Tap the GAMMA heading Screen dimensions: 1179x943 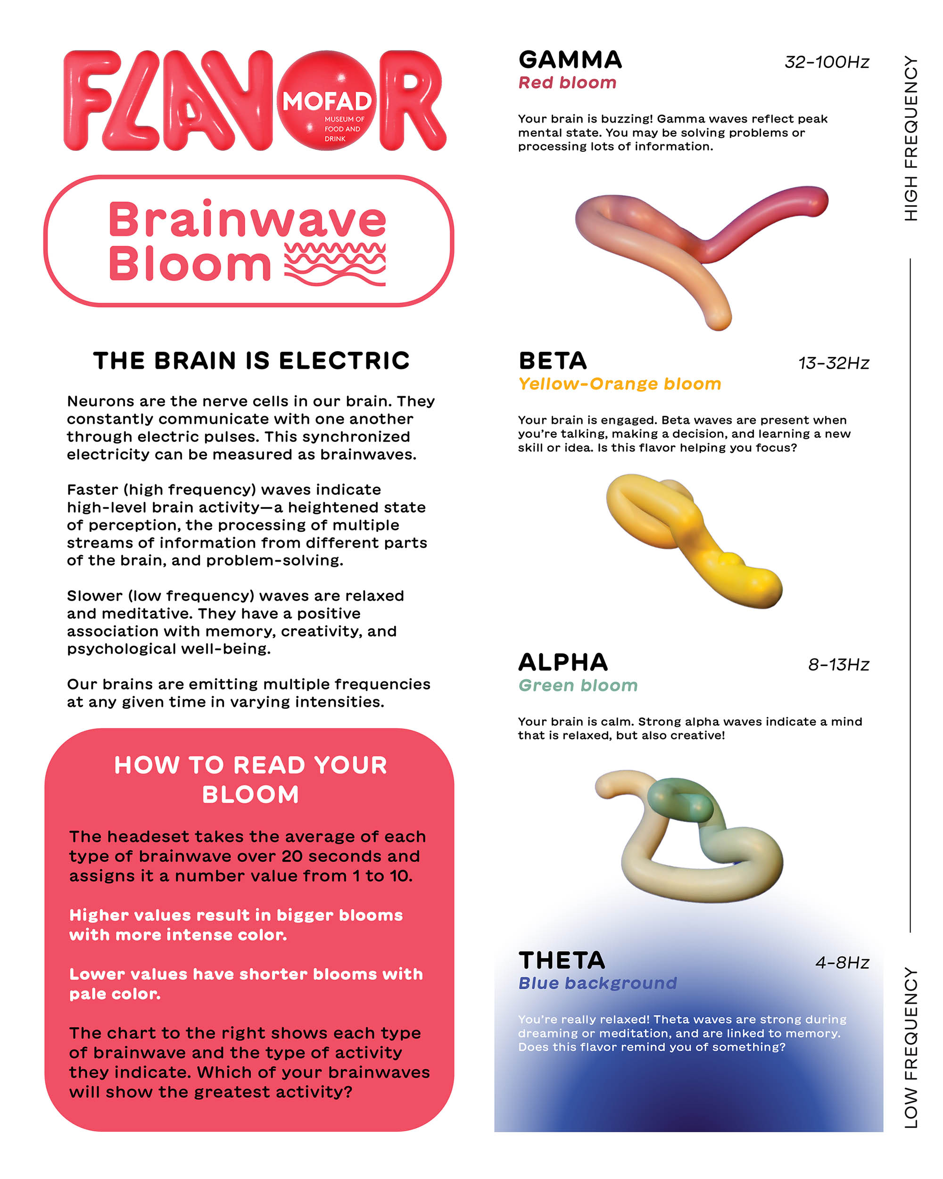tap(570, 59)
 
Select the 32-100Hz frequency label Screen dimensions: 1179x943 tap(826, 62)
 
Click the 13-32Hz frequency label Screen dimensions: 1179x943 tap(833, 363)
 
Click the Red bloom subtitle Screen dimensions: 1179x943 tap(567, 83)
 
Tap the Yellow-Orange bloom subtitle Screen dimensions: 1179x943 tap(620, 384)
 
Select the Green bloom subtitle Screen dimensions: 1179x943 tap(578, 685)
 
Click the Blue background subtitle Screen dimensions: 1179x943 tap(597, 983)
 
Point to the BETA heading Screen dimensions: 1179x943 tap(552, 361)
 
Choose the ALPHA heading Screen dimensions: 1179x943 tap(562, 662)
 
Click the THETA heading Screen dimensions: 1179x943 tap(562, 961)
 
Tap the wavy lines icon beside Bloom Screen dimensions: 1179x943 tap(335, 264)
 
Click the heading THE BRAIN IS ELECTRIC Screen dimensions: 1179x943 tap(251, 361)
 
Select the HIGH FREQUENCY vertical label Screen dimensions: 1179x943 tap(910, 138)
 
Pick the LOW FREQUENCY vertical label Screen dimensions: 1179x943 tap(910, 1048)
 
